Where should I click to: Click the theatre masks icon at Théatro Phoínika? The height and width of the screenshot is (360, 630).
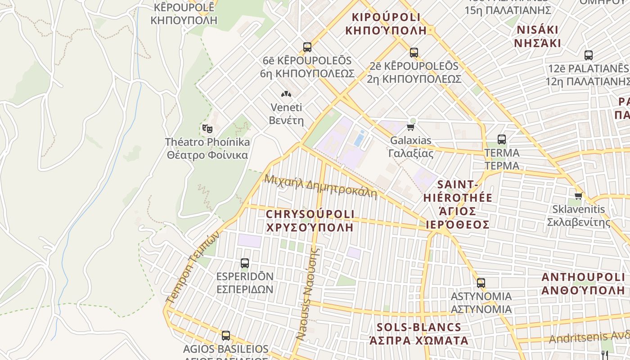pos(207,129)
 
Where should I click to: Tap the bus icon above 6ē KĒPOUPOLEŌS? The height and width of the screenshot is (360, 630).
pos(307,47)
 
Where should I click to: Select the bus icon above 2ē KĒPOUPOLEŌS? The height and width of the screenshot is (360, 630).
pos(414,53)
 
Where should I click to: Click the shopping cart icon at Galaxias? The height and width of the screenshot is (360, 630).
pos(410,127)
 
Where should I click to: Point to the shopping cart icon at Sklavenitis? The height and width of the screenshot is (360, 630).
pos(579,196)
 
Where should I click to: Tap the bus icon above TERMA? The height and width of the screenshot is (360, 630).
pos(502,139)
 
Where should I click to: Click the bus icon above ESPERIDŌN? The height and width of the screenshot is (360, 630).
pos(245,263)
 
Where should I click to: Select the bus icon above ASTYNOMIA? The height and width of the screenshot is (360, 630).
pos(481,283)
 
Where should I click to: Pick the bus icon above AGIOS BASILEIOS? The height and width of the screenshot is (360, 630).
pos(226,336)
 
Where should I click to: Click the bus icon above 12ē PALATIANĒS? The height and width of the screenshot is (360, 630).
pos(588,55)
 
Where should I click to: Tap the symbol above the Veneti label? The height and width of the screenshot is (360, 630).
pos(286,94)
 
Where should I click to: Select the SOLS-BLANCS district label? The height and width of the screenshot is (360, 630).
pos(419,333)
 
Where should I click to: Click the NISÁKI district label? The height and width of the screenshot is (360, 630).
pos(538,36)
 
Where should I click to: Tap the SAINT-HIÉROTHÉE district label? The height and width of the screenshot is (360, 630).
pos(457,204)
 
